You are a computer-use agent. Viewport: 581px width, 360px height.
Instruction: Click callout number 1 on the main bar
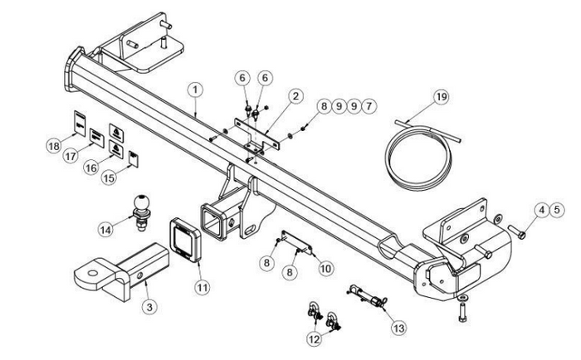click(x=194, y=87)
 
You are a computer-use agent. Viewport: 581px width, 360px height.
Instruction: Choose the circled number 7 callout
click(x=369, y=106)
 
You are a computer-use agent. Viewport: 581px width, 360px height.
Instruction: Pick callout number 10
click(x=325, y=267)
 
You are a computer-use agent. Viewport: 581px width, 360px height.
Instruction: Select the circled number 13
click(x=399, y=328)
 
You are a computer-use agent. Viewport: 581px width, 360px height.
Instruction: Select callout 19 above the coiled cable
click(x=441, y=97)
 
